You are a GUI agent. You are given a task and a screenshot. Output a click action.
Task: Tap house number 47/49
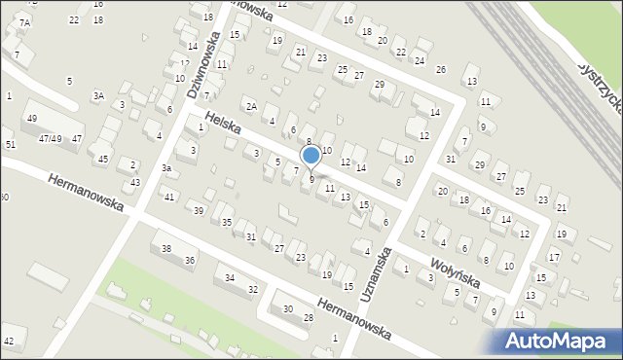point(51,139)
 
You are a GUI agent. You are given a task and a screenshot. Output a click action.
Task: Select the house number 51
point(11,144)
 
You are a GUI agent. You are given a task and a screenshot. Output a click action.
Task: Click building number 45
point(103,159)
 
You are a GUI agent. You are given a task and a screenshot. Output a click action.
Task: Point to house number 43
point(135,183)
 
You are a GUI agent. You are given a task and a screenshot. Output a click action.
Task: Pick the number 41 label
point(169,198)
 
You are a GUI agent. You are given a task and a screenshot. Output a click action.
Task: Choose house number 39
point(199,211)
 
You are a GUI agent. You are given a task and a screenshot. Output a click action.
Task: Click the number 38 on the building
point(166,249)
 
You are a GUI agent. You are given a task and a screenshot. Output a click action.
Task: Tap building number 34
point(230,279)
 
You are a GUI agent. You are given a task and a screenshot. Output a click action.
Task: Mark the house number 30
point(287,309)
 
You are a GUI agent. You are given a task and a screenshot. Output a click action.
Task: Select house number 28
point(309,318)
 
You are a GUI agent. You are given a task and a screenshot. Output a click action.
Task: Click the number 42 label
point(9,341)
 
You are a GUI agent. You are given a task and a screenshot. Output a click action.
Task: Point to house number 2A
point(250,106)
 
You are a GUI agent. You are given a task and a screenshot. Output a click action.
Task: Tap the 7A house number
point(24,22)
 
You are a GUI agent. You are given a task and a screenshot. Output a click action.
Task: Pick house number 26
point(440,70)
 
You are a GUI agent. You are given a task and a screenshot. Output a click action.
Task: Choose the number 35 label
point(227,223)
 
